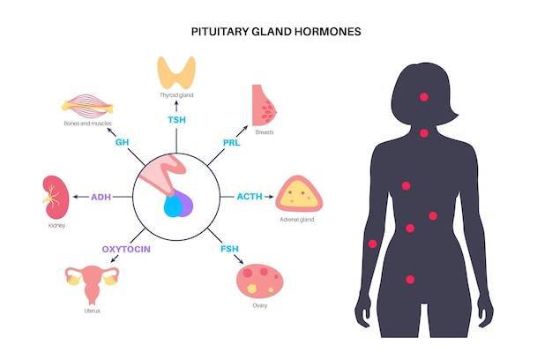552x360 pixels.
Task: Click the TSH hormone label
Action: click(x=176, y=120)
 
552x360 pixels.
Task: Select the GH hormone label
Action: click(x=123, y=142)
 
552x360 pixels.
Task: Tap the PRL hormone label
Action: click(x=231, y=143)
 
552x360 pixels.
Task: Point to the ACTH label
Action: click(x=250, y=197)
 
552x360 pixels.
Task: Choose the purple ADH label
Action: click(x=101, y=197)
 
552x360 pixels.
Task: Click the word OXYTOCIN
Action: click(x=126, y=249)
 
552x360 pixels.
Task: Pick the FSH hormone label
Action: click(x=229, y=249)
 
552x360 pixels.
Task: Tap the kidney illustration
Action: click(x=56, y=198)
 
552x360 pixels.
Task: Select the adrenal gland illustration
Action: click(x=299, y=194)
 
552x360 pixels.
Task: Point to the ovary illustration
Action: click(x=260, y=281)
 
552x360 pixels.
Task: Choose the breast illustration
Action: click(x=264, y=105)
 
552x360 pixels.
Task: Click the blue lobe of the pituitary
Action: click(x=173, y=206)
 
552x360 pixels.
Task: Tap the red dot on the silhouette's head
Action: click(x=424, y=97)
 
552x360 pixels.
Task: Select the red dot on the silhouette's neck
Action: click(x=424, y=133)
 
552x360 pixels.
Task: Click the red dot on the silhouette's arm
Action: click(x=372, y=244)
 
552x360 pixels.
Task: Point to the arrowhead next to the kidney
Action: click(x=75, y=197)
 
